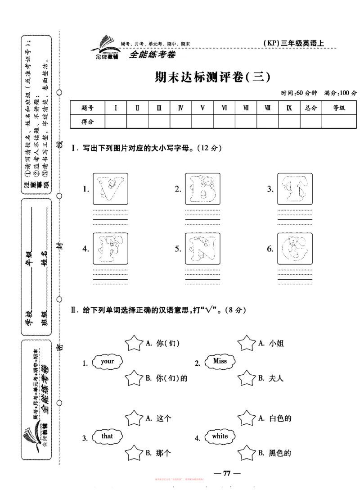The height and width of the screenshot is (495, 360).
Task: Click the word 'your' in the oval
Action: [108, 361]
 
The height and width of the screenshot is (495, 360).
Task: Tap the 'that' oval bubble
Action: [108, 436]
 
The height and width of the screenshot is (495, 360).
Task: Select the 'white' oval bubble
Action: [220, 436]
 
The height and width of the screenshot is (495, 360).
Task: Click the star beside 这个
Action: [133, 418]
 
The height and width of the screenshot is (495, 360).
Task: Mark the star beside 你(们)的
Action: [133, 378]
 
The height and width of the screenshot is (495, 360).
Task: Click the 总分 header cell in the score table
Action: [311, 108]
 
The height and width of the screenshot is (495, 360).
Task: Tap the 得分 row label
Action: [87, 122]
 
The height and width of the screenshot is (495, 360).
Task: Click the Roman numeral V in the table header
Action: [202, 108]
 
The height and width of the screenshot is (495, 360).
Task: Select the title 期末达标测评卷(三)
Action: [212, 77]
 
